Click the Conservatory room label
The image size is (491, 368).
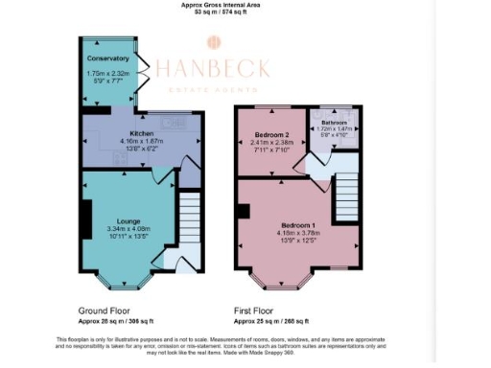coord(106,57)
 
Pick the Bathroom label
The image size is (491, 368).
coord(334,123)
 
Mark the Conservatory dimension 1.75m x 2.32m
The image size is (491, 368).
coord(107,73)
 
